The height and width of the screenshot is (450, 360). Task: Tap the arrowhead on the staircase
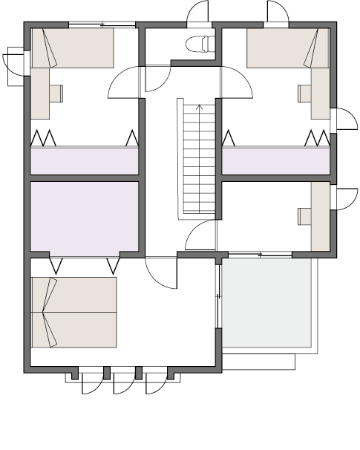(x=198, y=108)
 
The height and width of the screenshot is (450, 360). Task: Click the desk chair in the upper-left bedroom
(x=56, y=93)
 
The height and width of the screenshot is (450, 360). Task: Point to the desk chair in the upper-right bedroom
(x=304, y=93)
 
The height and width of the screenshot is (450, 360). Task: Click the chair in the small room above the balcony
(x=304, y=216)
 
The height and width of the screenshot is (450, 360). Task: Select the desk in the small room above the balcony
(x=320, y=217)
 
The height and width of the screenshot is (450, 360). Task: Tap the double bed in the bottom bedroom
(x=73, y=312)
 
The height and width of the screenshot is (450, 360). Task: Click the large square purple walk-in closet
(x=84, y=217)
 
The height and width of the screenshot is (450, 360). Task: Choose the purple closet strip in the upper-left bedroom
(x=84, y=160)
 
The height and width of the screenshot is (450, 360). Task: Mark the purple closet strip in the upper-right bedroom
(x=276, y=160)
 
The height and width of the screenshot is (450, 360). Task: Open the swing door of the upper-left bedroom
(x=125, y=83)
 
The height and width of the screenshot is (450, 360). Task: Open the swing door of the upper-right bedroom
(x=236, y=83)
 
